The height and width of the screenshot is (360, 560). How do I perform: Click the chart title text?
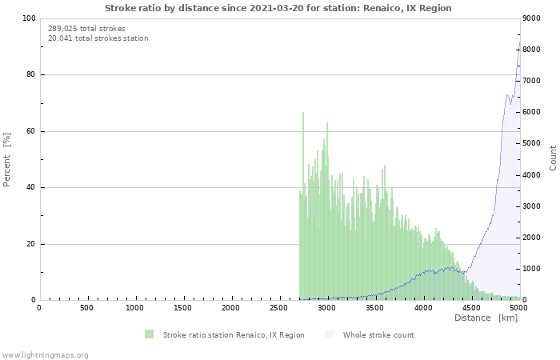pos(278,8)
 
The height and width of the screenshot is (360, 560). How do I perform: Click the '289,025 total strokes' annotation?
pos(86,29)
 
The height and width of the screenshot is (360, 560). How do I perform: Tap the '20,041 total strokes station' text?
pos(98,38)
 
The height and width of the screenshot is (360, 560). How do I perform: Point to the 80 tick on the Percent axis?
pos(30,75)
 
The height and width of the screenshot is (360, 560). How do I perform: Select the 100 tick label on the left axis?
pos(28,18)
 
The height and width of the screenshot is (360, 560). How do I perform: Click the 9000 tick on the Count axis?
pos(534,18)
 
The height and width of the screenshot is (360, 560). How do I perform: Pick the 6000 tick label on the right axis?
pos(534,113)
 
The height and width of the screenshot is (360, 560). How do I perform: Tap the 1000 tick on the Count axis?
pos(534,270)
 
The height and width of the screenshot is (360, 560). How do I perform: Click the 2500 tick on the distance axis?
pos(279,308)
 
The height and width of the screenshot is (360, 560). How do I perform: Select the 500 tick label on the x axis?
pos(86,308)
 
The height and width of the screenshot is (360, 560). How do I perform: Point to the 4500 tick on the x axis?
pos(472,308)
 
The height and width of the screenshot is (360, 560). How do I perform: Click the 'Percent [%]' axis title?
pos(7,159)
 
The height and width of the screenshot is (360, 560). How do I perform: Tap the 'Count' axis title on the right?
pos(553,158)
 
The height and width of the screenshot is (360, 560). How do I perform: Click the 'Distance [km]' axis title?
pos(486,318)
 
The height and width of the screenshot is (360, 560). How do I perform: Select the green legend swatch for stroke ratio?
pos(150,334)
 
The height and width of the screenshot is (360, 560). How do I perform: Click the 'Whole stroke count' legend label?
pos(378,334)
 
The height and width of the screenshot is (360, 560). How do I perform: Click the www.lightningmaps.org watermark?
pos(46,354)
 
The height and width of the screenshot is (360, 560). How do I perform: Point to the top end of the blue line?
pos(519,42)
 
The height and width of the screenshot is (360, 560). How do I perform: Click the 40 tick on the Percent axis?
pos(30,188)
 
